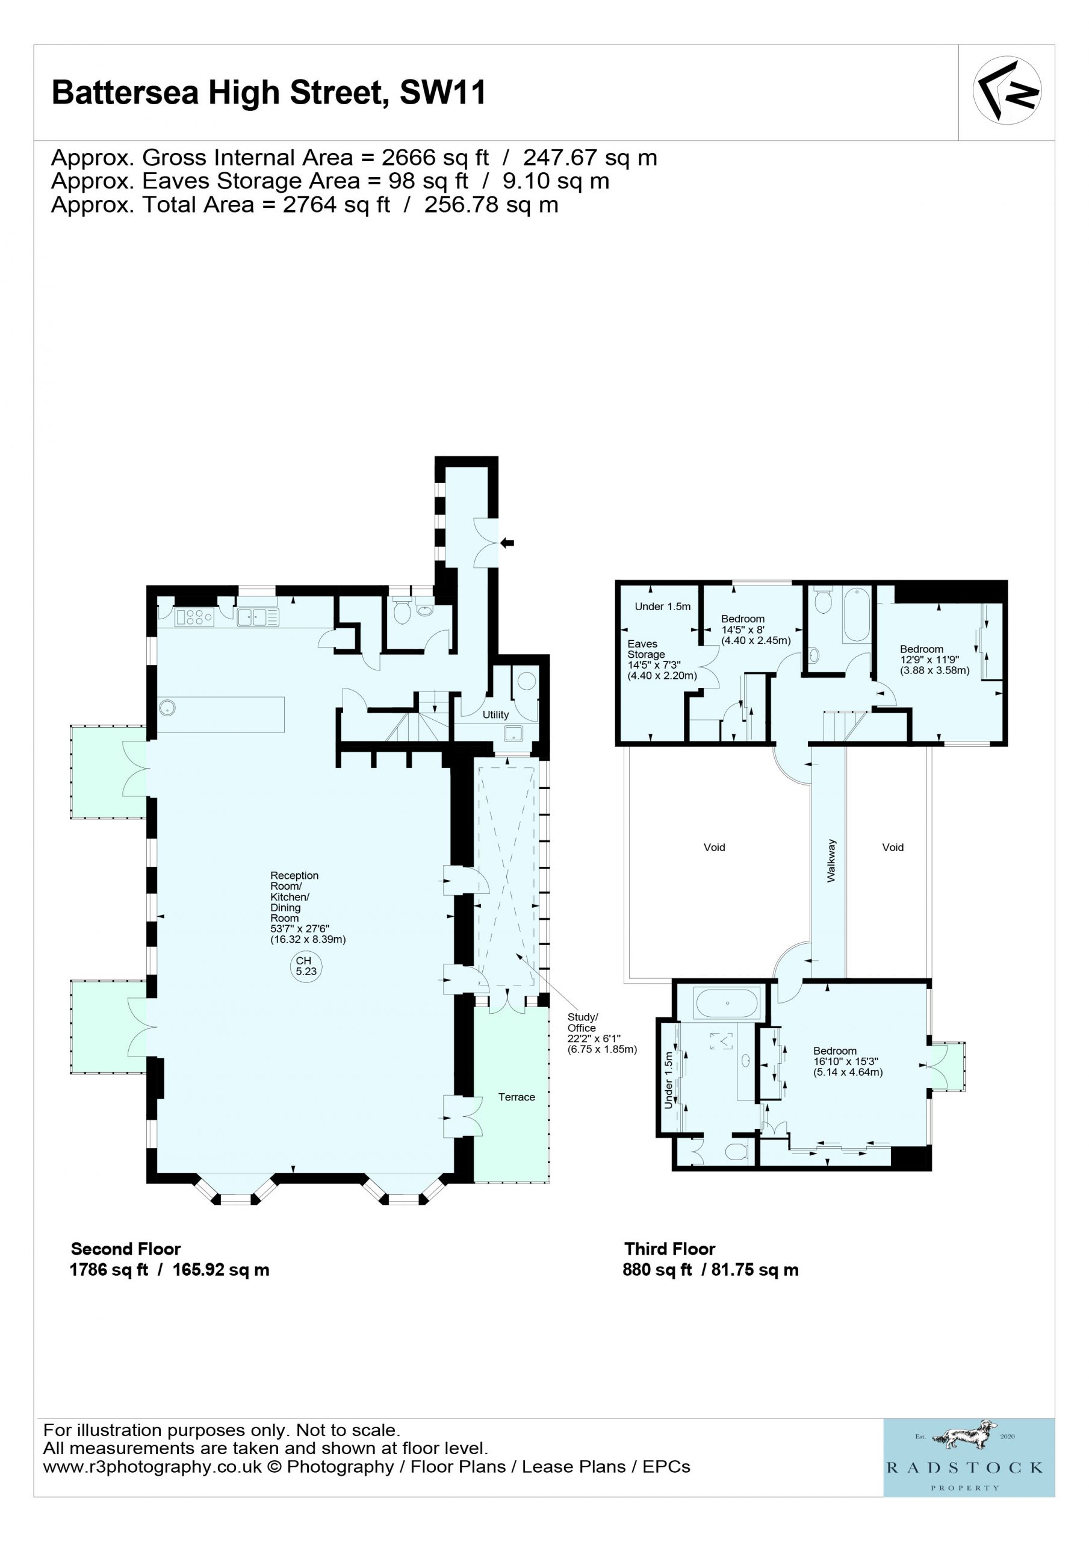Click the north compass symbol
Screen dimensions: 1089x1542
(1007, 90)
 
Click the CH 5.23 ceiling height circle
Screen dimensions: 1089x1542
(306, 966)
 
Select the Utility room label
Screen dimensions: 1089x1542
(495, 714)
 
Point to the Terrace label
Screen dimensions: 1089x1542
(517, 1097)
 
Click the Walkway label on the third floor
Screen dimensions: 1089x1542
(831, 860)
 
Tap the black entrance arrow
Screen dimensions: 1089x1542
(507, 543)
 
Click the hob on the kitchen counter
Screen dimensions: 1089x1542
(194, 617)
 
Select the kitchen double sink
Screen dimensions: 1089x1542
(258, 617)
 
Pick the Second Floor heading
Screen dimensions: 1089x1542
(126, 1249)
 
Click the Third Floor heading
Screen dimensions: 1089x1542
(669, 1249)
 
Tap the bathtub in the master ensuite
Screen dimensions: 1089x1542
(728, 1004)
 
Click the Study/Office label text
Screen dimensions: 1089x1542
(582, 1022)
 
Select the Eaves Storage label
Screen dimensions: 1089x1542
(646, 649)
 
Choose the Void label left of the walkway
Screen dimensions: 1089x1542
(715, 847)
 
